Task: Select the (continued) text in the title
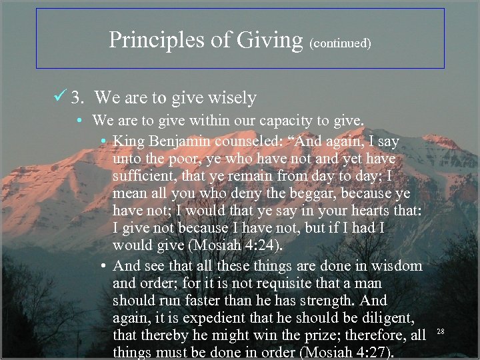click(340, 43)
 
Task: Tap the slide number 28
click(441, 331)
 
